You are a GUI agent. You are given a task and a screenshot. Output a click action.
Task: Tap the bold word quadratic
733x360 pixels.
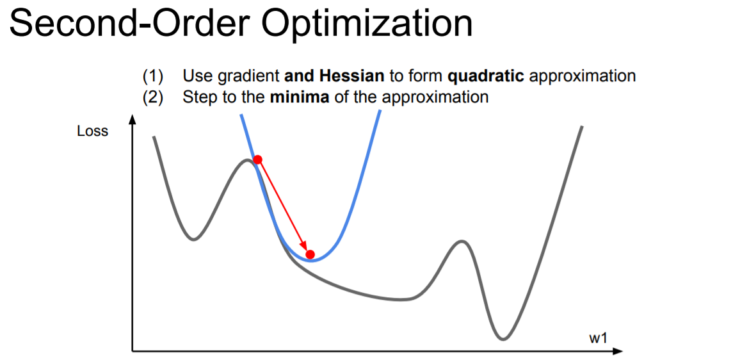486,76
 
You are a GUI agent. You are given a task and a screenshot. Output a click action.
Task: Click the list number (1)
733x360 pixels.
152,76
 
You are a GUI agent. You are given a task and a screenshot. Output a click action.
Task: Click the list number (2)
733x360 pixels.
152,97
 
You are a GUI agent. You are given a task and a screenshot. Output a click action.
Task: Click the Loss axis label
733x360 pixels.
93,131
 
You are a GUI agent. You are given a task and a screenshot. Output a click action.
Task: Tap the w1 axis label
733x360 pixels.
597,338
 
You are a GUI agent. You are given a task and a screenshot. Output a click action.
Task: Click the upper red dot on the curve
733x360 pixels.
257,160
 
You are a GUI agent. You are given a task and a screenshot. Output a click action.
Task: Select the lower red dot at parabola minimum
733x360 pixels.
310,254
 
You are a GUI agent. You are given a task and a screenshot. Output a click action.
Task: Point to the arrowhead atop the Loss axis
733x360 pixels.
133,119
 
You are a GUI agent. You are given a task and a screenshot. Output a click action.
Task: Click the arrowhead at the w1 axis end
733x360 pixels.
618,351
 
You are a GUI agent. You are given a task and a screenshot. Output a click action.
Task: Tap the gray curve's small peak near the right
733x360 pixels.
461,241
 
